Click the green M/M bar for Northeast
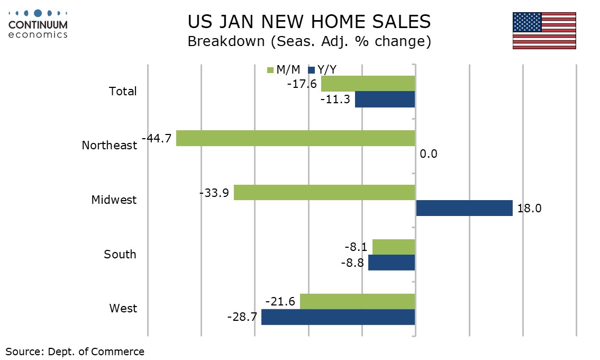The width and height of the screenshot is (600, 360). click(295, 139)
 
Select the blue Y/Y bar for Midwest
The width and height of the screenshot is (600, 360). click(464, 208)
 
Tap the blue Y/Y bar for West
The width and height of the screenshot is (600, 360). click(338, 317)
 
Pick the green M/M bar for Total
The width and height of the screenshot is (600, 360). click(368, 84)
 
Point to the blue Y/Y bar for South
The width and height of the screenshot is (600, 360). click(392, 263)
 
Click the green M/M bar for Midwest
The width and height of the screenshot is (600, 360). click(324, 192)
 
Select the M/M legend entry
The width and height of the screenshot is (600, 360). click(284, 70)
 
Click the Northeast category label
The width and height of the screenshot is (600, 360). click(110, 145)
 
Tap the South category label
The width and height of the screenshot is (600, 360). click(120, 254)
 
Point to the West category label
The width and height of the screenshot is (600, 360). click(123, 308)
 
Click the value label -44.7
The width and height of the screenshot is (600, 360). click(157, 139)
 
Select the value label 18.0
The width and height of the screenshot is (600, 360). click(530, 209)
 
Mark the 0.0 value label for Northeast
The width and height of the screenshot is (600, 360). click(429, 155)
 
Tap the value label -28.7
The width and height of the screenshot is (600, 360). click(242, 317)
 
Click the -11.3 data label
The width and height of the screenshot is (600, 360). click(335, 100)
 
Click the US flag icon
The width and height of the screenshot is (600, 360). click(544, 31)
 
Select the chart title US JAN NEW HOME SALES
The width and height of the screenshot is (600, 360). click(309, 22)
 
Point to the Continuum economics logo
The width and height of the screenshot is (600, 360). click(38, 24)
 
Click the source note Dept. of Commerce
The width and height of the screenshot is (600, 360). click(75, 351)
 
